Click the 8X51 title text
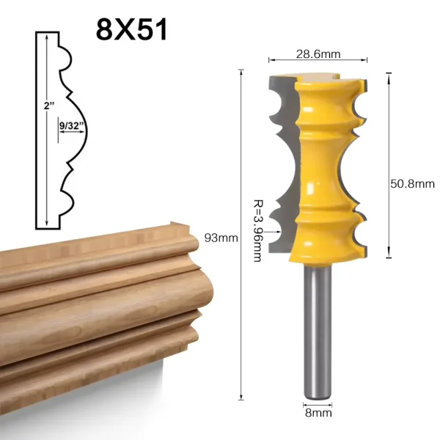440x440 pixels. point(131,29)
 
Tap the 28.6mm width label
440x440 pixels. point(318,54)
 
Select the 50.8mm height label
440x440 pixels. point(412,184)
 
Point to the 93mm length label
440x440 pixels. point(221,238)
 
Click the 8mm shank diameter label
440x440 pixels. point(318,413)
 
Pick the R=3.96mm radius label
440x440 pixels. point(258,231)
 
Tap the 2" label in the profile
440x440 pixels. point(49,106)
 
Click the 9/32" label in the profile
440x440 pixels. point(72,125)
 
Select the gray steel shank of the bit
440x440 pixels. point(318,331)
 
